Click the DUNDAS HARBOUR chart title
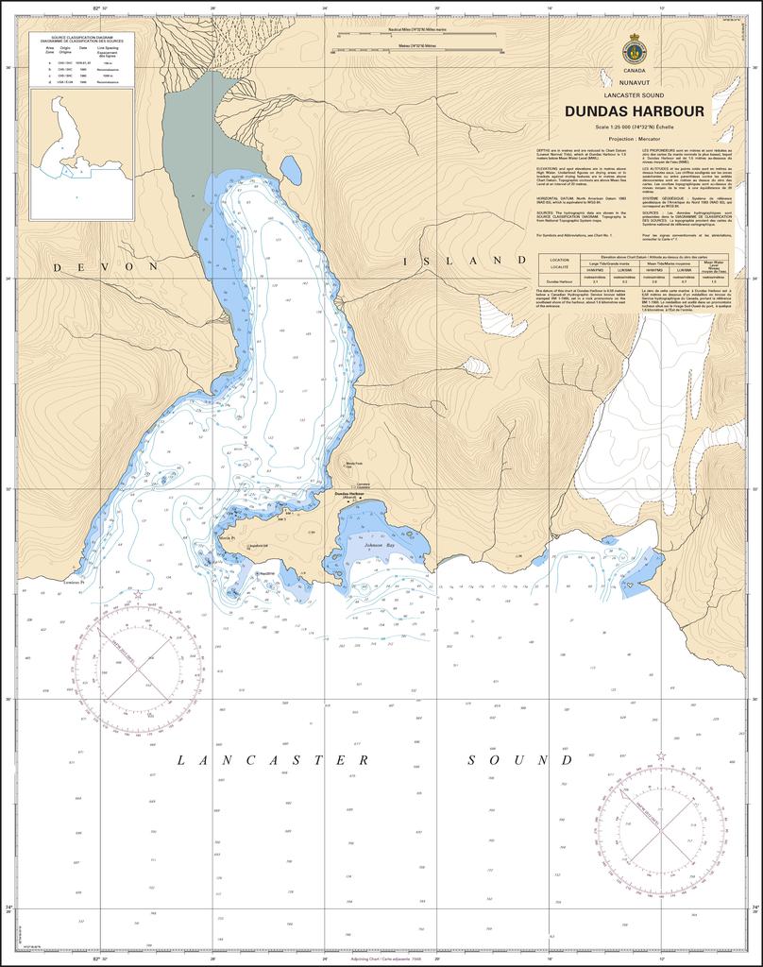pos(635,111)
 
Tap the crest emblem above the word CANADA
pos(635,50)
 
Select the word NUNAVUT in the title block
pos(635,83)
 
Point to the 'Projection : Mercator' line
pos(635,138)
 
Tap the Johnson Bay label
pos(381,546)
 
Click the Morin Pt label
pos(226,537)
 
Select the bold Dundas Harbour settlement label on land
pos(349,494)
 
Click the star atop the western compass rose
pos(139,596)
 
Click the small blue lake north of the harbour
pos(291,170)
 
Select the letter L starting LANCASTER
pos(181,760)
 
